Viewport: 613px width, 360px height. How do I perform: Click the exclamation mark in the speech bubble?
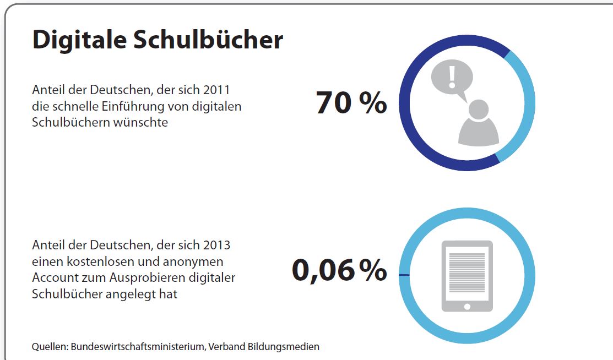(x=452, y=77)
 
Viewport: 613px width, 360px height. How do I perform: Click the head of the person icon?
(x=478, y=109)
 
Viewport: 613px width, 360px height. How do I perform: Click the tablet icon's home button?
(x=467, y=306)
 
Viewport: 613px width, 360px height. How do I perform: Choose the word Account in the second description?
(x=55, y=277)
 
